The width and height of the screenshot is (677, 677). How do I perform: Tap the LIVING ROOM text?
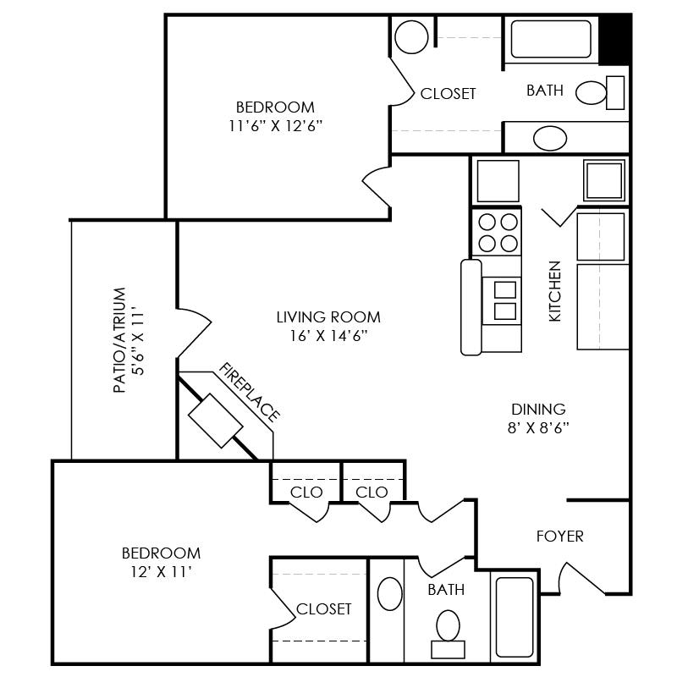[328, 317]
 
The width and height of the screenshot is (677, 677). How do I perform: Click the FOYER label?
[559, 537]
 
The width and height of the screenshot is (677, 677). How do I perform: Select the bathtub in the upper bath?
[551, 38]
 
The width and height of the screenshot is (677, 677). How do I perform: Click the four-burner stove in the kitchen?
[497, 233]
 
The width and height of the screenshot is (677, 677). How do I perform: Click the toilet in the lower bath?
[446, 630]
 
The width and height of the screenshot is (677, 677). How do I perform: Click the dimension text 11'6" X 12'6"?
[276, 125]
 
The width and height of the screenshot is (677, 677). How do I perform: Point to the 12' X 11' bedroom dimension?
[161, 572]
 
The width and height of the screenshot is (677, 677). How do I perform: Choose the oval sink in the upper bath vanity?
[550, 137]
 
